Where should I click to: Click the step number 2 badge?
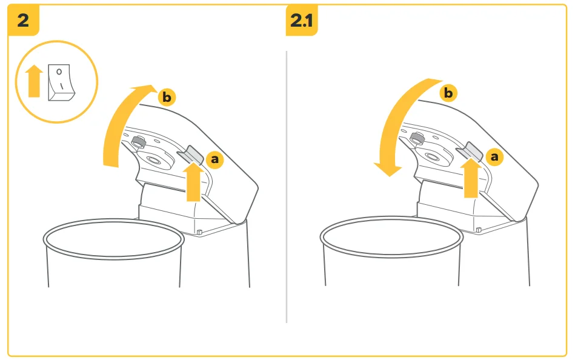(23, 20)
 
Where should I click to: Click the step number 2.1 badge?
(302, 20)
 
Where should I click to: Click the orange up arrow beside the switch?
(34, 81)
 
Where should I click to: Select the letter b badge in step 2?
(167, 98)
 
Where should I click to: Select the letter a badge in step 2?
(214, 159)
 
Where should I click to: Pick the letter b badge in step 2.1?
(448, 93)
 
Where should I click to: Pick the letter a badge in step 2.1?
(494, 157)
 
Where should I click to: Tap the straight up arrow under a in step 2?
(193, 182)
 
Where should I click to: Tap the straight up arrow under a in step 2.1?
(471, 178)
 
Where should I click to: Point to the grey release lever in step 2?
(191, 154)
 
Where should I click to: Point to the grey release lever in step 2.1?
(470, 151)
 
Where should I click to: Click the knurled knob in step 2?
(138, 142)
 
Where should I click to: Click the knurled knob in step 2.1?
(417, 139)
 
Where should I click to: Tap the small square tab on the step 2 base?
(199, 232)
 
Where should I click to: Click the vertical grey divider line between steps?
(287, 187)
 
